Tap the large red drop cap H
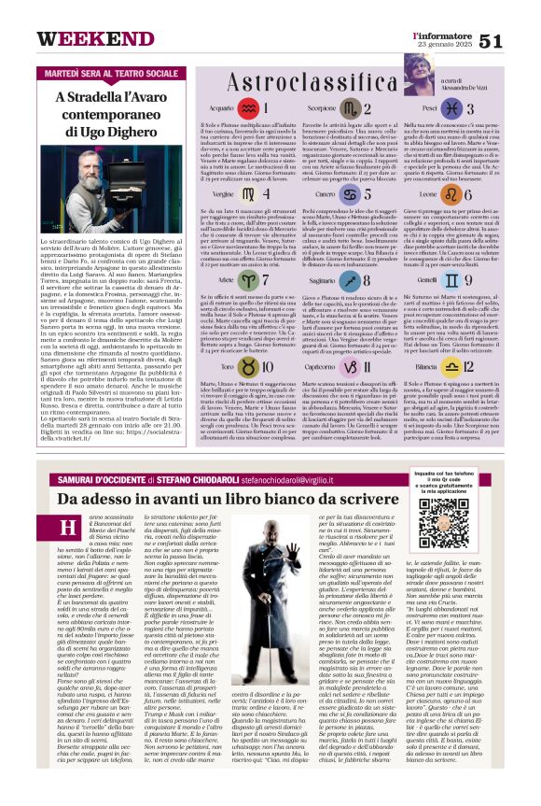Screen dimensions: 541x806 (68, 528)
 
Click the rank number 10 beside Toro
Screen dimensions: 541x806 (265, 365)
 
